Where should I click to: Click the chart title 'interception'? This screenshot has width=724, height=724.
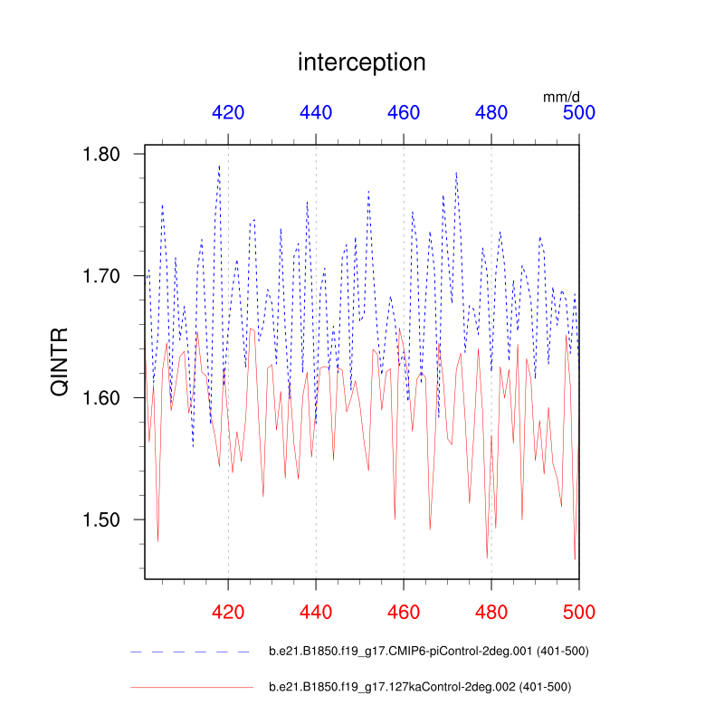pos(361,62)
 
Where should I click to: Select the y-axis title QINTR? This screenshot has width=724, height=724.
pos(59,362)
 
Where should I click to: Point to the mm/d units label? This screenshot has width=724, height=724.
pos(561,95)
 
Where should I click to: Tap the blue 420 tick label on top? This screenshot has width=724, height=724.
pos(228,113)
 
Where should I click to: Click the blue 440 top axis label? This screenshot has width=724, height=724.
pos(316,113)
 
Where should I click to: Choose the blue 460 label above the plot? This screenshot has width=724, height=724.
pos(404,113)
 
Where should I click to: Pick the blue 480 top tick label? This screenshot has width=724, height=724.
pos(491,113)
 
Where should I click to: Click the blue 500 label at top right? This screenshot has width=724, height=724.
pos(579,113)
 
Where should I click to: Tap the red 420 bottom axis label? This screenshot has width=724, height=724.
pos(228,612)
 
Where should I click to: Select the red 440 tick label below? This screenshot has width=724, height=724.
pos(316,612)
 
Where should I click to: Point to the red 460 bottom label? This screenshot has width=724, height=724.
pos(404,612)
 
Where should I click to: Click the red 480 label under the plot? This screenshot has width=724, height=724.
pos(491,612)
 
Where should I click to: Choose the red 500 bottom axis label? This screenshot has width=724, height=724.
pos(579,612)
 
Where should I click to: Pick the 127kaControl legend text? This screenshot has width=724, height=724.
pos(420,687)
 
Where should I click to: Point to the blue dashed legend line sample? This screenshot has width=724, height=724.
pos(190,652)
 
